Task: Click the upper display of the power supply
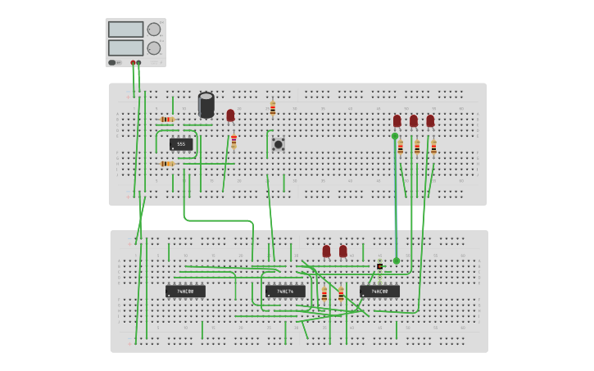coord(125,29)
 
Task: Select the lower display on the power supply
coord(125,48)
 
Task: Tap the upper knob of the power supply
coord(154,29)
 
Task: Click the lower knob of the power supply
coord(154,48)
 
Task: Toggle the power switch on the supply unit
coord(112,62)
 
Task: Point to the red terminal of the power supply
coord(133,62)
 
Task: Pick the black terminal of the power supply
coord(138,62)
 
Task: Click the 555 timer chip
coord(181,144)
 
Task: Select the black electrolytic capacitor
coord(206,105)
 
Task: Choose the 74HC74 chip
coord(285,291)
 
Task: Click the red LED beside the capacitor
coord(230,115)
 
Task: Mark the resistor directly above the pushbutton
coord(273,108)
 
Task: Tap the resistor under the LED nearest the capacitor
coord(234,140)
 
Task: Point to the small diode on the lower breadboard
coord(379,266)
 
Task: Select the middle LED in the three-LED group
coord(414,121)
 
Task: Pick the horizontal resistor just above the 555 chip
coord(167,120)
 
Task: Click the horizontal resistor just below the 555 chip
coord(167,164)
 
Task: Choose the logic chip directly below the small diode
coord(379,291)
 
